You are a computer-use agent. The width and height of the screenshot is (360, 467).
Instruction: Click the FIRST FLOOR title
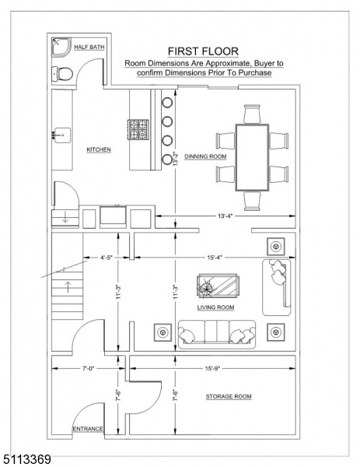(x=203, y=51)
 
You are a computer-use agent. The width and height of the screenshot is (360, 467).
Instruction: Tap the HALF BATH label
(x=89, y=47)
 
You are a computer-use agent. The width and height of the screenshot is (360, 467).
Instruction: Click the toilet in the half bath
(x=62, y=73)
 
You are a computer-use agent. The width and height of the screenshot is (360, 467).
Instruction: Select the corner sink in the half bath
(x=61, y=47)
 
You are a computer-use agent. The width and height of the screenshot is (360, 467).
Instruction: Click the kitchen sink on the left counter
(x=62, y=135)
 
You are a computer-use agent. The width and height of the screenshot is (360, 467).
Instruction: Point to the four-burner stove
(x=138, y=129)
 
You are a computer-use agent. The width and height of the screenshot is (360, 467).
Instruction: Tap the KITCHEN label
(x=99, y=149)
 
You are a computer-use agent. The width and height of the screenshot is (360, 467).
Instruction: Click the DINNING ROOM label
(x=205, y=156)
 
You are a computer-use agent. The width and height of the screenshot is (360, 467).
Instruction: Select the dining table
(x=252, y=157)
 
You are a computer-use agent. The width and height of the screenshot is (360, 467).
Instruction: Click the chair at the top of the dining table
(x=252, y=114)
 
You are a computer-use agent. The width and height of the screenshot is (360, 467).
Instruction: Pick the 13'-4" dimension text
(x=225, y=216)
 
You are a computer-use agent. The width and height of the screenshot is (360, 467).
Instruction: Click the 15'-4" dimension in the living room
(x=215, y=258)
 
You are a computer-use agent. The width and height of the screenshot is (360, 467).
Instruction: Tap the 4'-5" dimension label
(x=107, y=258)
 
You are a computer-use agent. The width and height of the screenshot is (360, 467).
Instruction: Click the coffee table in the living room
(x=218, y=286)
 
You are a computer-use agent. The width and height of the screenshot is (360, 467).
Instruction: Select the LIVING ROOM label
(x=216, y=307)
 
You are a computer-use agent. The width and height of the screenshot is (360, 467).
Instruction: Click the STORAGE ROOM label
(x=229, y=396)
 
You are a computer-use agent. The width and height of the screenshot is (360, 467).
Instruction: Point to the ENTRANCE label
(x=88, y=429)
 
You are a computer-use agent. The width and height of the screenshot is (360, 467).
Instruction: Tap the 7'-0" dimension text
(x=89, y=368)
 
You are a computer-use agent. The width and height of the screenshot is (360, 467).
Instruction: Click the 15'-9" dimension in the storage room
(x=212, y=368)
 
